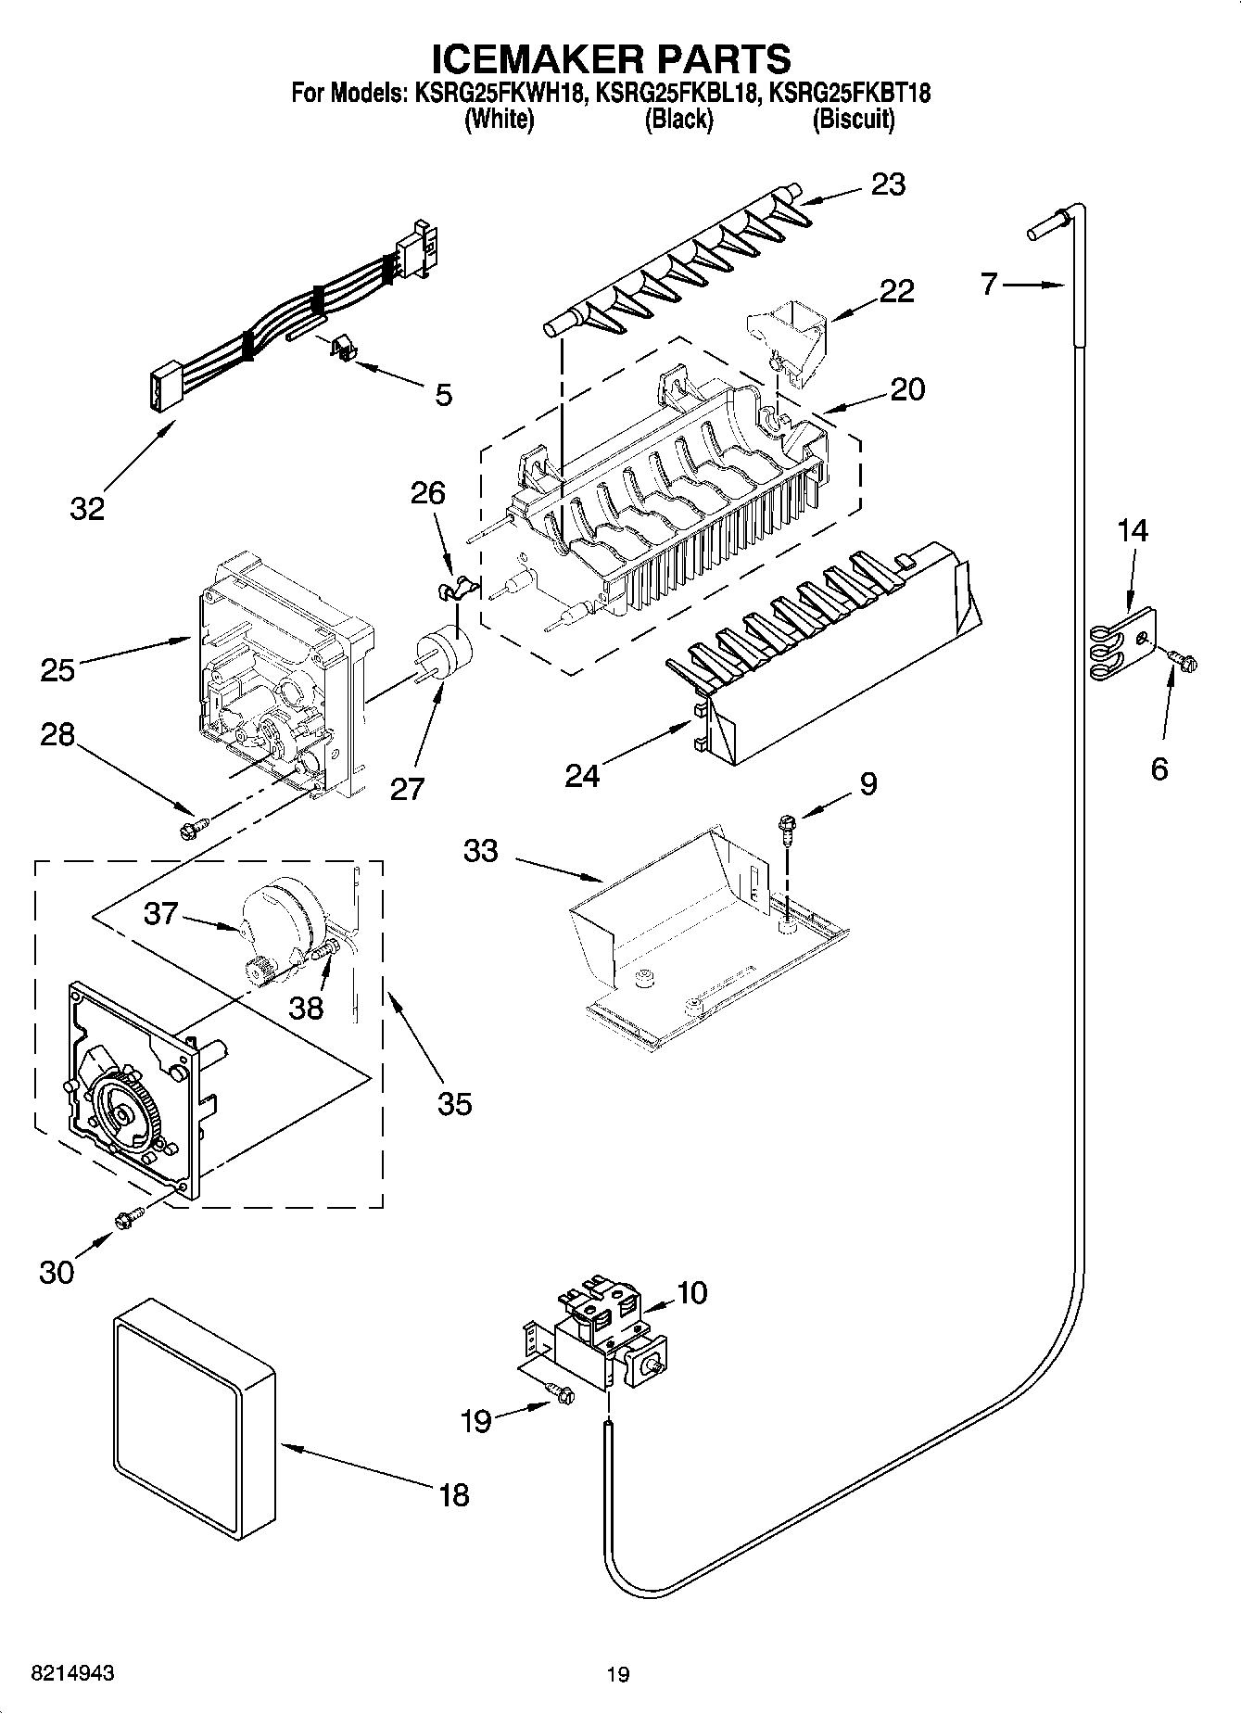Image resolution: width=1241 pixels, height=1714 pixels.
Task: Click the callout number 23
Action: pyautogui.click(x=888, y=185)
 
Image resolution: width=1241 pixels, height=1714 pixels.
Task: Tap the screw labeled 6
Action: pyautogui.click(x=1184, y=659)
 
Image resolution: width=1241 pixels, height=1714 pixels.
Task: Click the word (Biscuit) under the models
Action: pyautogui.click(x=853, y=120)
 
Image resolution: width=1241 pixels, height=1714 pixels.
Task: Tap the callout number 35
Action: pyautogui.click(x=454, y=1103)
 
